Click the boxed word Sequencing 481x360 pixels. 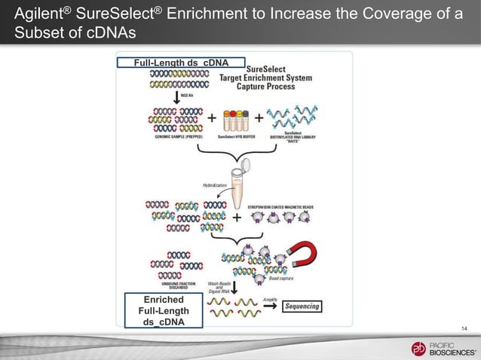[x=302, y=306]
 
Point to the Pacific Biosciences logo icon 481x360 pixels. [x=418, y=348]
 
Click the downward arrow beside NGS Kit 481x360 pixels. [x=176, y=97]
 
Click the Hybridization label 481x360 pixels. [x=215, y=184]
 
